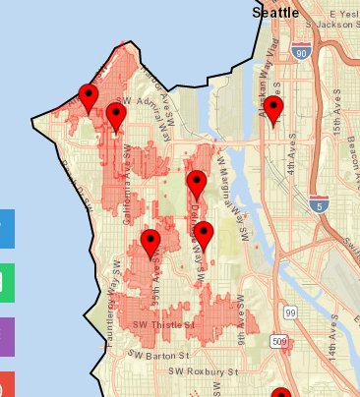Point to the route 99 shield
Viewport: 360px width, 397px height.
[291, 311]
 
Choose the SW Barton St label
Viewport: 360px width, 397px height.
[155, 354]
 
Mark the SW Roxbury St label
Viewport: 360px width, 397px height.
[204, 372]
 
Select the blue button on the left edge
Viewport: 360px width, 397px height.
[6, 228]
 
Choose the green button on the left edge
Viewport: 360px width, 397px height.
[6, 282]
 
